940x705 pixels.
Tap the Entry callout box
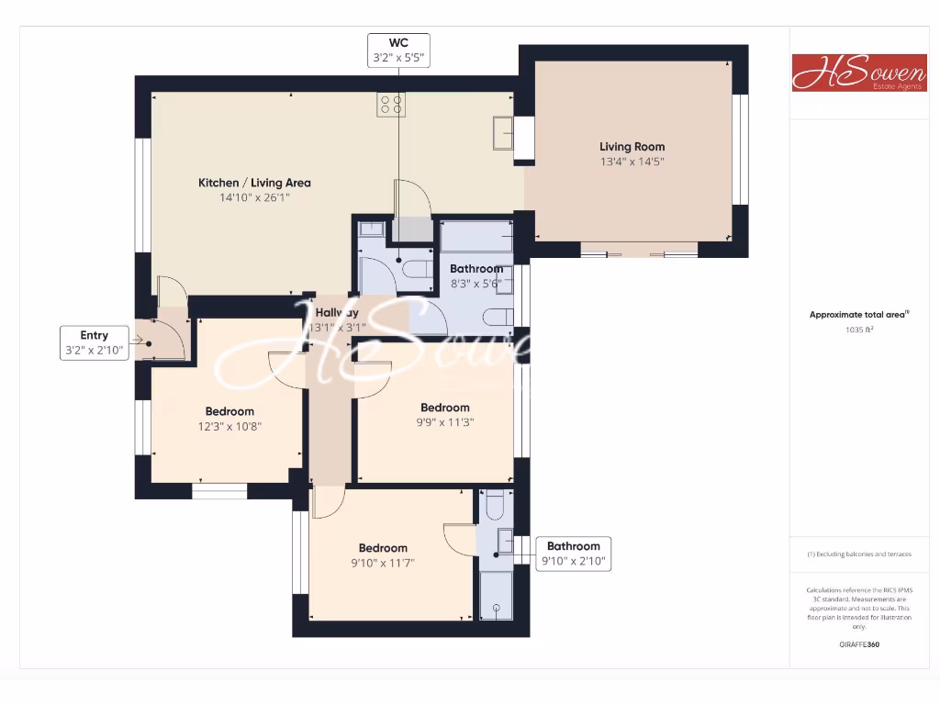(95, 342)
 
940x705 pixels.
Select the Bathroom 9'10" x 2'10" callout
(574, 554)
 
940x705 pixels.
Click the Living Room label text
(632, 147)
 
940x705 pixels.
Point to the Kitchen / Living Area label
(254, 183)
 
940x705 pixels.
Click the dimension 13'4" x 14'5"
(632, 162)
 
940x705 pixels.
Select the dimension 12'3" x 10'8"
(229, 426)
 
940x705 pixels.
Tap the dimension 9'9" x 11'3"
(444, 422)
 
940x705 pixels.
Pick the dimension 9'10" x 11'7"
(383, 564)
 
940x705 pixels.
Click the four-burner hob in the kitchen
(391, 105)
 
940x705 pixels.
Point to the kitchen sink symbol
(503, 132)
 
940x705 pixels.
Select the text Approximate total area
(857, 315)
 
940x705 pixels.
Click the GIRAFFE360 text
(859, 644)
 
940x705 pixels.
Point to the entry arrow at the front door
(140, 341)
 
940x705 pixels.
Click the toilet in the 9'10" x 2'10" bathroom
(494, 508)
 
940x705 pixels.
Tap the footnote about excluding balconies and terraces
(859, 554)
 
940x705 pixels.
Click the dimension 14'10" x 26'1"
(254, 197)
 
